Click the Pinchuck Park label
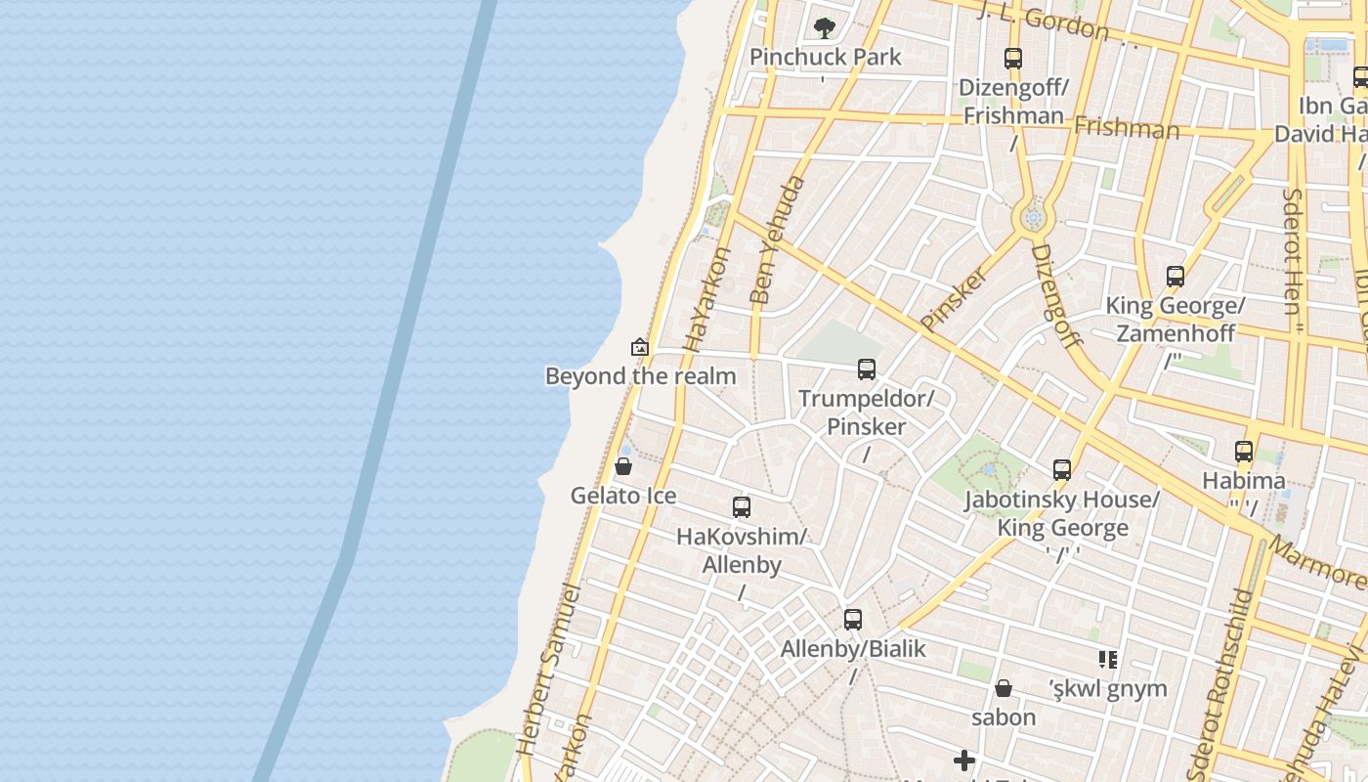coord(825,57)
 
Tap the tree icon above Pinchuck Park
coord(825,27)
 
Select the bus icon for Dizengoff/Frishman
coord(1013,59)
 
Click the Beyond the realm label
coord(640,376)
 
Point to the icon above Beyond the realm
coord(640,347)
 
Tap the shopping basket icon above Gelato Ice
coord(623,467)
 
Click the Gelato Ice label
coord(623,496)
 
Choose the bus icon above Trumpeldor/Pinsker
coord(867,369)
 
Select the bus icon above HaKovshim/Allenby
coord(742,507)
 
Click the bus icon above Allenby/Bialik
coord(853,620)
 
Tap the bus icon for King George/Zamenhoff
coord(1176,277)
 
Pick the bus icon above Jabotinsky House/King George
coord(1062,470)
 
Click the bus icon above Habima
coord(1244,452)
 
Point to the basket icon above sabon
coord(1004,688)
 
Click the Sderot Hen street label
coord(1292,251)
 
